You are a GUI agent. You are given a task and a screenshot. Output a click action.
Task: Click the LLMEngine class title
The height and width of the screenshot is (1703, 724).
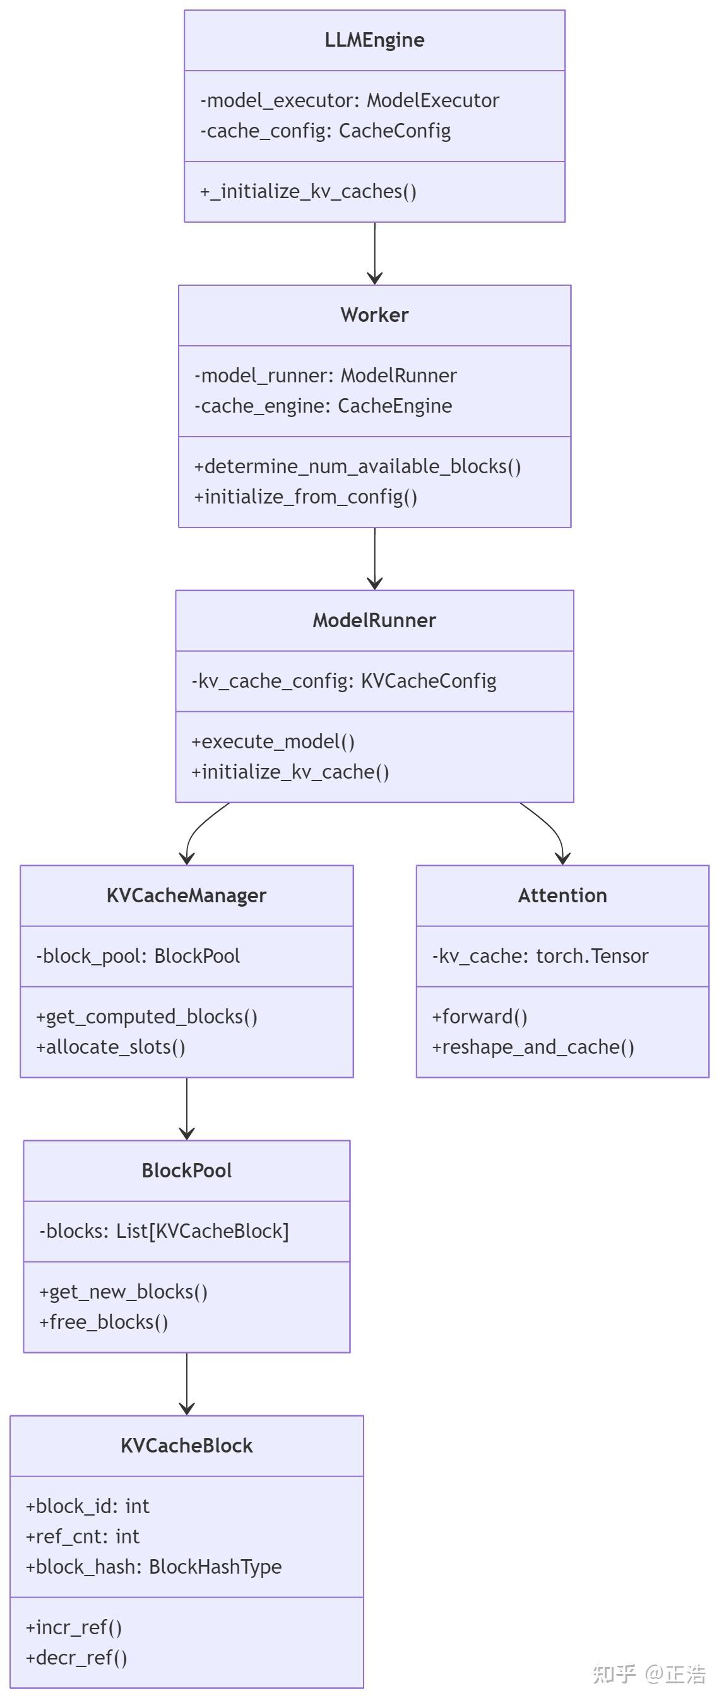[x=374, y=40]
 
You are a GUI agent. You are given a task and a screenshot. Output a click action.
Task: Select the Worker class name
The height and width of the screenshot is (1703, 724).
[x=374, y=315]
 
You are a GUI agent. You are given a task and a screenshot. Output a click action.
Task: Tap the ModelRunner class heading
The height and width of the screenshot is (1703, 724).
[x=374, y=620]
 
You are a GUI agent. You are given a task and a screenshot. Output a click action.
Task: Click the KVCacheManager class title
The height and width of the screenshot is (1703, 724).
[x=186, y=895]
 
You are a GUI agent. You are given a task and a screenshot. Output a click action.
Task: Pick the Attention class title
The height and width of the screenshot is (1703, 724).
[x=562, y=895]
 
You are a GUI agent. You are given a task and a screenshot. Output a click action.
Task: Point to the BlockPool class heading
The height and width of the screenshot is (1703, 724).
[x=186, y=1170]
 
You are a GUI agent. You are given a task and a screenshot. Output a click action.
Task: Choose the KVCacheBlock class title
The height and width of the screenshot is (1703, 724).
[x=186, y=1445]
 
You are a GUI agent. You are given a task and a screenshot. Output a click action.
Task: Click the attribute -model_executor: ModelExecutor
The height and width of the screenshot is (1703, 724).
[x=350, y=100]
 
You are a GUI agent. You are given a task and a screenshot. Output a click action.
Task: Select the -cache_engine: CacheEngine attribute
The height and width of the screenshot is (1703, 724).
[x=323, y=406]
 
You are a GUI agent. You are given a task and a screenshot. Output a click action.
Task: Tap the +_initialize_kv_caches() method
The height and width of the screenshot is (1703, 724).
[x=308, y=192]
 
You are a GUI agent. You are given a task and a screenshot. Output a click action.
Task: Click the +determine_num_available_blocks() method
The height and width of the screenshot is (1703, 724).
[x=358, y=467]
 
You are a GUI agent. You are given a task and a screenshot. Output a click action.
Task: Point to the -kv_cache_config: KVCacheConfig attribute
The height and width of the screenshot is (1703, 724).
[x=344, y=681]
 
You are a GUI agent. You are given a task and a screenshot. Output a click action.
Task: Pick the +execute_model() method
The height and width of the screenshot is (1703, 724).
[x=273, y=742]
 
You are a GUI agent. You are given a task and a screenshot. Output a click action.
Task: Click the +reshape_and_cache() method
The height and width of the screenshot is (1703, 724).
[x=533, y=1047]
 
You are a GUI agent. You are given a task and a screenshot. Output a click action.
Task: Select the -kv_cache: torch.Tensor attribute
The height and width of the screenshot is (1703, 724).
[x=540, y=956]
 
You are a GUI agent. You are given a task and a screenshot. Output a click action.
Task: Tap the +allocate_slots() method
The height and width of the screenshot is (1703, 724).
[x=110, y=1047]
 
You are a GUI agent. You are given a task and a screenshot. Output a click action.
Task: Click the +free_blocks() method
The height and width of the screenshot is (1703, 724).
[x=104, y=1322]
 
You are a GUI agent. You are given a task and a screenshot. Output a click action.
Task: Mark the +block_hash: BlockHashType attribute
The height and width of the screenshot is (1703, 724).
[x=153, y=1567]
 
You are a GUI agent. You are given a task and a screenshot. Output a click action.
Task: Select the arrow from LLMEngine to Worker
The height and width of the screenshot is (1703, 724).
[x=375, y=253]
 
